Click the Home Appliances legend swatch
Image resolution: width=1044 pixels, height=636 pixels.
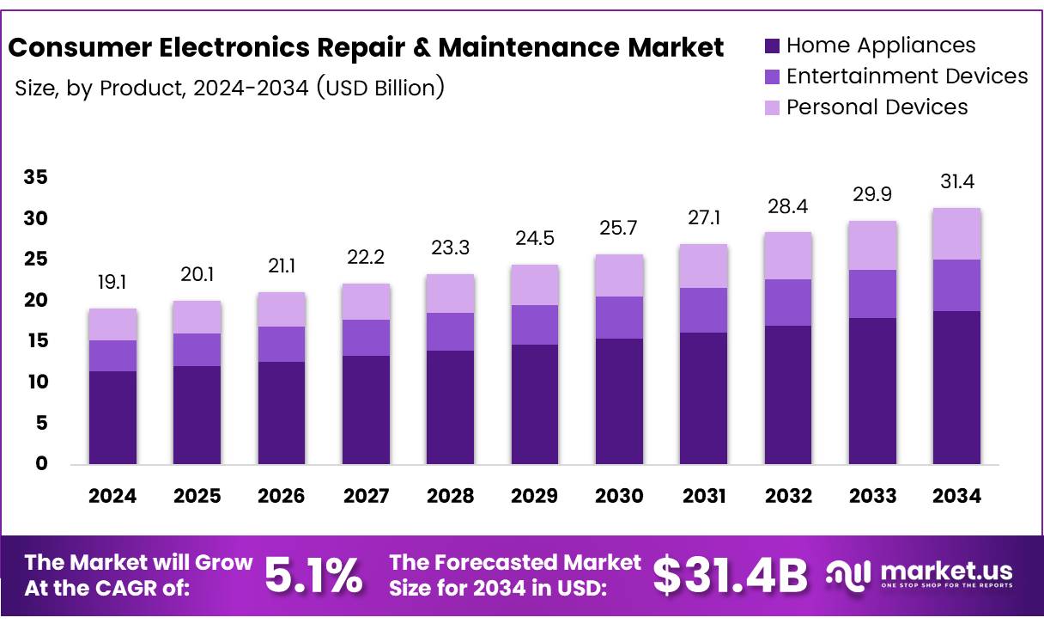tap(771, 46)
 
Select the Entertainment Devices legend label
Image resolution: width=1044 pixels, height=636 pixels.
tap(907, 76)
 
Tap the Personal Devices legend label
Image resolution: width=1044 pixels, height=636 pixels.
tap(877, 107)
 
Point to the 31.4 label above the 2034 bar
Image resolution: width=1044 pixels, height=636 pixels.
tap(956, 182)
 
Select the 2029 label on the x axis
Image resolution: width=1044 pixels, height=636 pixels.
tap(534, 496)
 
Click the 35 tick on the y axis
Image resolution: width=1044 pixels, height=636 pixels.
tap(36, 178)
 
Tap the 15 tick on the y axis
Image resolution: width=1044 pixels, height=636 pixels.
tap(36, 341)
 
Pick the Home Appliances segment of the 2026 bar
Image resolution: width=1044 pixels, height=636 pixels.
tap(281, 413)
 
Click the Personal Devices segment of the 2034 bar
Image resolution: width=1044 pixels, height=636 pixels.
tap(956, 233)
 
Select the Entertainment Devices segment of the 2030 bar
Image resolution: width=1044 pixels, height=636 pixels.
tap(619, 317)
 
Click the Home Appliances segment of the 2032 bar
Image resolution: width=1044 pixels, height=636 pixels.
tap(788, 394)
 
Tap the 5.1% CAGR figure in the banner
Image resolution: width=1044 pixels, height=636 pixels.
tap(313, 576)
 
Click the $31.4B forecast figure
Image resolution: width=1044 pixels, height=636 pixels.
tap(730, 576)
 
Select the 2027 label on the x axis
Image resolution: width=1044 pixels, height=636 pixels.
tap(366, 496)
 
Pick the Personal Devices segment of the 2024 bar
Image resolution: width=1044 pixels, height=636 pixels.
tap(112, 324)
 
